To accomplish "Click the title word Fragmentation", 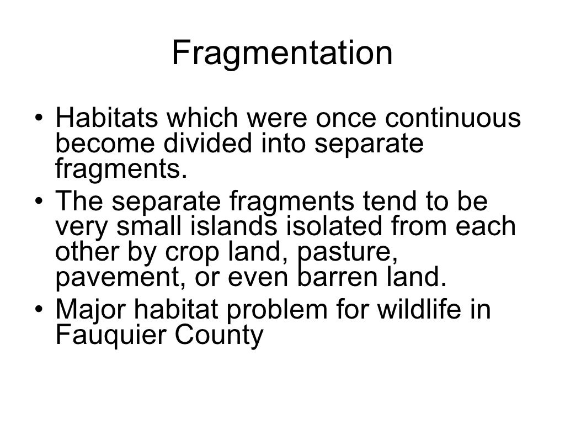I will [282, 54].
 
